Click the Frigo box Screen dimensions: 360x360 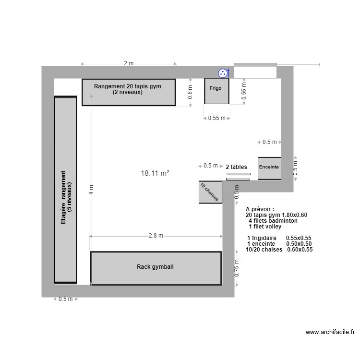click(216, 91)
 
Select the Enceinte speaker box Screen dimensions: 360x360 click(269, 168)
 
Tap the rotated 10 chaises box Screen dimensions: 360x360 click(210, 192)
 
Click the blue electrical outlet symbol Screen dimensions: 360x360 click(223, 73)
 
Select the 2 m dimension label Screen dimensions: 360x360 click(129, 63)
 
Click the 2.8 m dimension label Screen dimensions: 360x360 click(156, 236)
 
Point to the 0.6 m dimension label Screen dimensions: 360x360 click(190, 92)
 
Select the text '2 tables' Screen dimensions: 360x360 click(237, 167)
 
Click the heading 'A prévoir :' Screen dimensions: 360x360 click(260, 210)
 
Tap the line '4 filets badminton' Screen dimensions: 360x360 click(273, 221)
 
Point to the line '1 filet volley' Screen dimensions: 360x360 click(265, 226)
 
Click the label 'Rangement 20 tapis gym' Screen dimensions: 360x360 click(128, 86)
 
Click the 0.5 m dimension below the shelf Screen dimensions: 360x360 click(65, 299)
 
